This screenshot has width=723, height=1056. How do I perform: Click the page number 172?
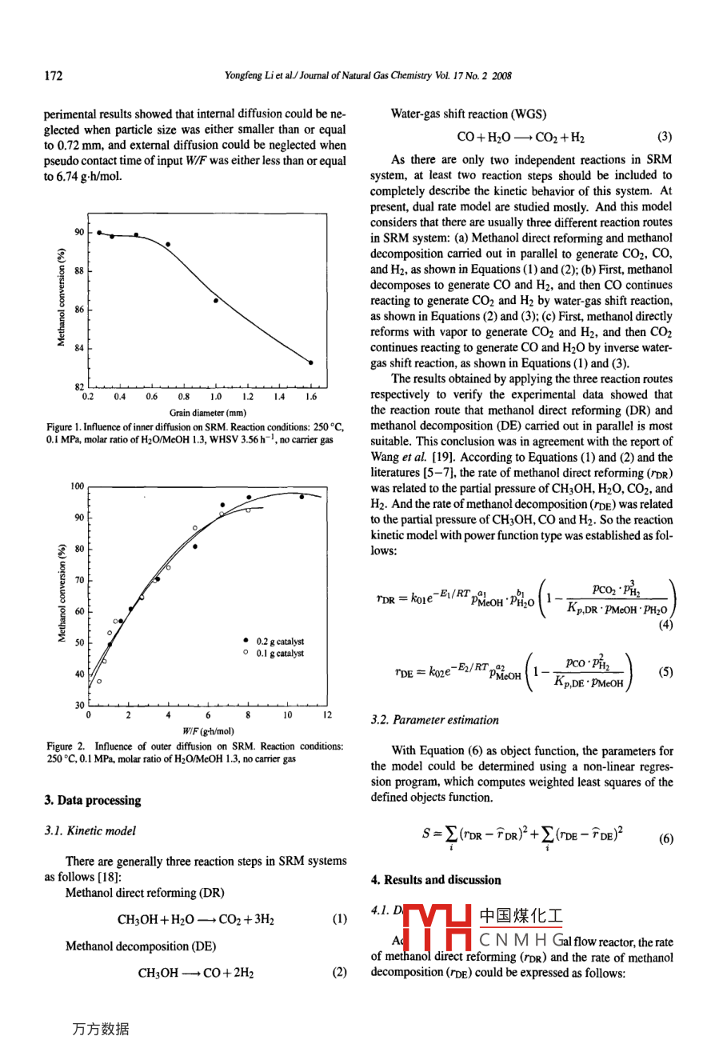tap(53, 76)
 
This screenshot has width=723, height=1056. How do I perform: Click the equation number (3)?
tap(665, 137)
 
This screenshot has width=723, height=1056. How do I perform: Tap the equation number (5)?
tap(665, 672)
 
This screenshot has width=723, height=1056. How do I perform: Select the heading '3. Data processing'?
tap(93, 800)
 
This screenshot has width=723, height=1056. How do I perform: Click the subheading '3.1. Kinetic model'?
tap(90, 830)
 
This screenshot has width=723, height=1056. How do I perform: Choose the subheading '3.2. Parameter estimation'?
tap(434, 720)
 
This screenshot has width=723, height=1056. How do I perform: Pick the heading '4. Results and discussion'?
tap(436, 880)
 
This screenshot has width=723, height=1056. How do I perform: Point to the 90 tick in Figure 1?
tap(79, 232)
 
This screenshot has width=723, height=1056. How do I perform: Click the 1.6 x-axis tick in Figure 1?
tap(310, 397)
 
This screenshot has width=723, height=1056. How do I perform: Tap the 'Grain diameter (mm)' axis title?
tap(208, 413)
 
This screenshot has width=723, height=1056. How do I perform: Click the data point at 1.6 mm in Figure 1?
tap(310, 362)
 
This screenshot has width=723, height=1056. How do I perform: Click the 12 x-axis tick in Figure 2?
tap(327, 715)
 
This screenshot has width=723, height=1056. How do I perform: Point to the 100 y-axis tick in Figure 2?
tap(77, 486)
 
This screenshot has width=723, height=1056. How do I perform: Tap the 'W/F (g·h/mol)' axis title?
tap(208, 730)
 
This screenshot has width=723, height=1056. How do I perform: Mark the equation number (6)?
tap(665, 839)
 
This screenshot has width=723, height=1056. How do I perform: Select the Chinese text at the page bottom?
tap(100, 1030)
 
